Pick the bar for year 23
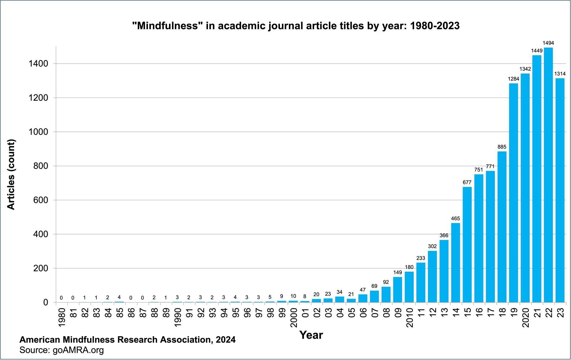560,190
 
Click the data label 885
502,147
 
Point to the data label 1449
537,51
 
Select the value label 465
455,218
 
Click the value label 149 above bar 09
397,272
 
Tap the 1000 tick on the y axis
38,132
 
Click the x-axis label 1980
62,317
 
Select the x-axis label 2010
410,317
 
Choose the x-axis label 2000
294,317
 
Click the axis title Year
311,335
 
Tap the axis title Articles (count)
11,175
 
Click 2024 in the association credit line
226,339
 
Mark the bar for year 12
432,276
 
